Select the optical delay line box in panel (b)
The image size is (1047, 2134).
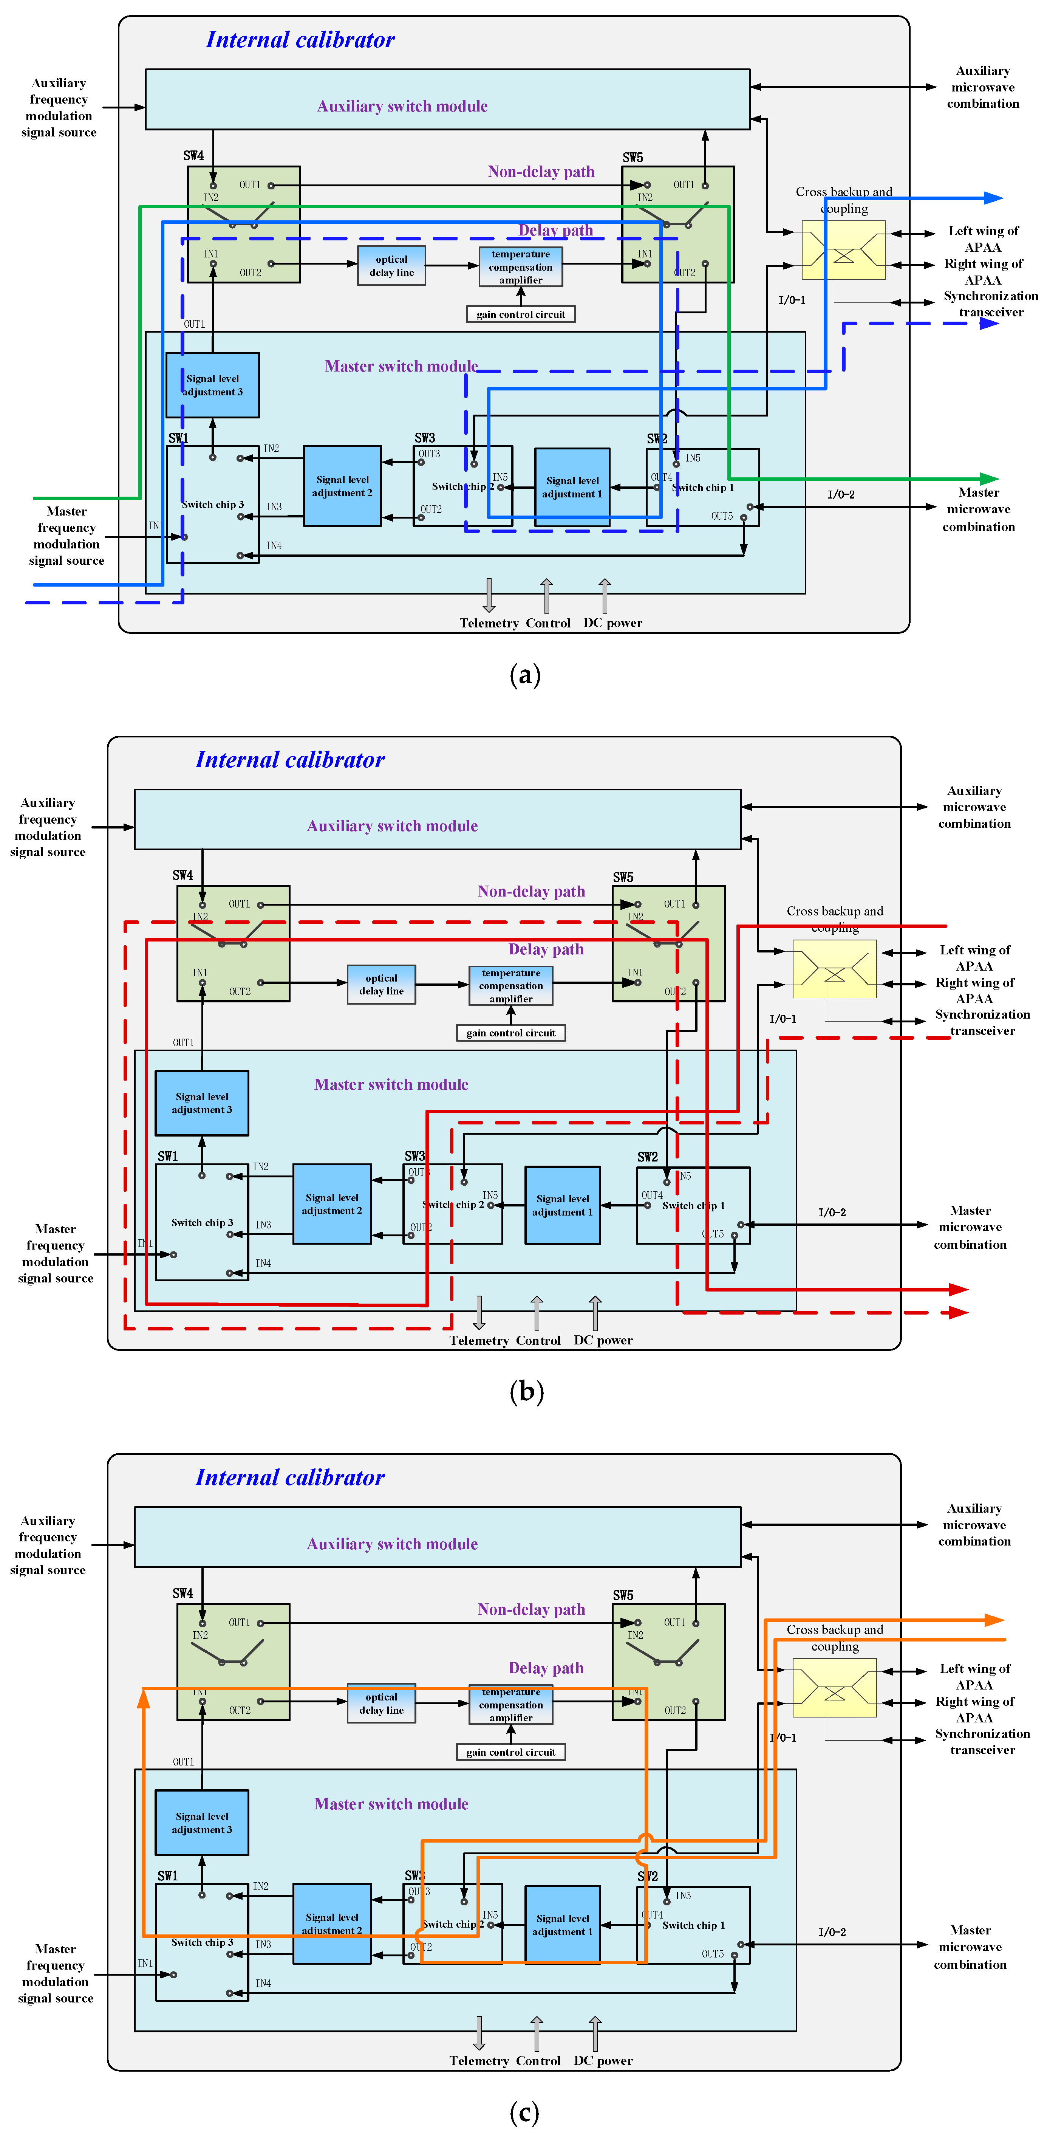(x=381, y=984)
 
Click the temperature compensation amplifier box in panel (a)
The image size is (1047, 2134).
(x=520, y=267)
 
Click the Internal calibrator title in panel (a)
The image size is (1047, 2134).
(x=300, y=40)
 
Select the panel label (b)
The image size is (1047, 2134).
(x=526, y=1391)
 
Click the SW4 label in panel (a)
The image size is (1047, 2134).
(x=193, y=156)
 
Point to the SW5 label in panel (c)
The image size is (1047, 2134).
(x=623, y=1595)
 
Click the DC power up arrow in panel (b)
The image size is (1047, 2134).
(x=595, y=1313)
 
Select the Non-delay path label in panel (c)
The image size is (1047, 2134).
(x=531, y=1609)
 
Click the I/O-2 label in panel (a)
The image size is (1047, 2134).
(x=841, y=494)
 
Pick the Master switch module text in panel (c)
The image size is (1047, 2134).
(x=391, y=1803)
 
